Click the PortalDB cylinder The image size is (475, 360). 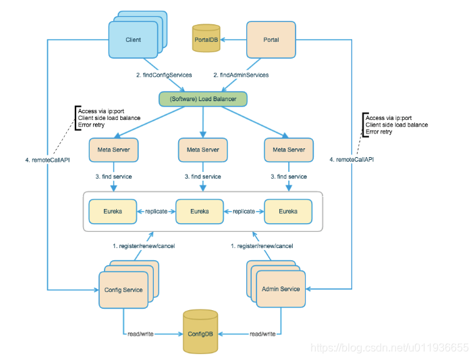(206, 38)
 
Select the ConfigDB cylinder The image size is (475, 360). (200, 332)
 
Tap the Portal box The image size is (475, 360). (271, 40)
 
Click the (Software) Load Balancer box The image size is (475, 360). (203, 99)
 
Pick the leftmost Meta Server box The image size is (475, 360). (113, 150)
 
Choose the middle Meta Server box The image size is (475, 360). (203, 150)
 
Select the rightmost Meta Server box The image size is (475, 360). (289, 150)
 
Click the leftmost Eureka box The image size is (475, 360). (113, 211)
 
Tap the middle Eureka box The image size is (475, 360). (200, 211)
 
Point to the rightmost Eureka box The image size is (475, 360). (288, 211)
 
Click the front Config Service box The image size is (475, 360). (123, 290)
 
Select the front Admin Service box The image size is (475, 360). (281, 289)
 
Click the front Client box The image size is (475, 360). (134, 40)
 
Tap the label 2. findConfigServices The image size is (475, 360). (164, 75)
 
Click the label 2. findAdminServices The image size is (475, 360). (241, 75)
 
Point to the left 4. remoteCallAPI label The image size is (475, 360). (47, 160)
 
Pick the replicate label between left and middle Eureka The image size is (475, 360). (157, 211)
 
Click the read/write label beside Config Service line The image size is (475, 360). (140, 334)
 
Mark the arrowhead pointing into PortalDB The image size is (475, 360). (223, 40)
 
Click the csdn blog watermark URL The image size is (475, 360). (389, 348)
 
